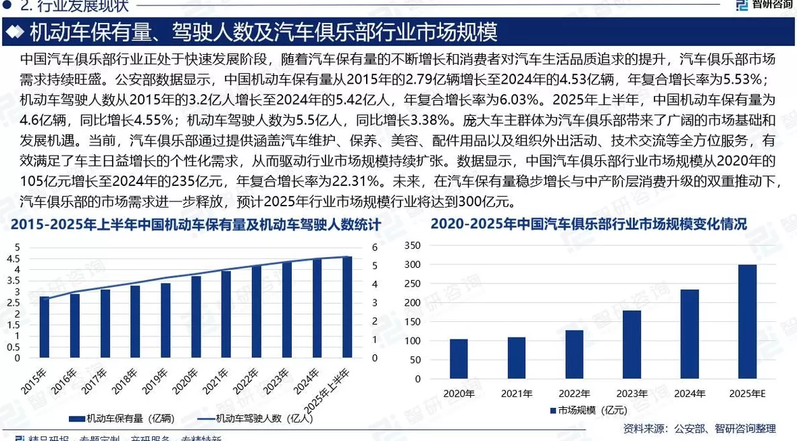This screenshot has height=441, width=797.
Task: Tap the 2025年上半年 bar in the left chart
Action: coord(347,307)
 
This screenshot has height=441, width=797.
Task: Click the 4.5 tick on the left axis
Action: coord(13,258)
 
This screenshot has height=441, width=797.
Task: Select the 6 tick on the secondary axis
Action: coord(376,248)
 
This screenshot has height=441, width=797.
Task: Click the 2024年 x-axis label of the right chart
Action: coord(689,393)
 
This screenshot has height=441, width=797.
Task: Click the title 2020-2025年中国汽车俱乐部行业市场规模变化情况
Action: coord(588,225)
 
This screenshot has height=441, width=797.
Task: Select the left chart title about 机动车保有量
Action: coord(196,224)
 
